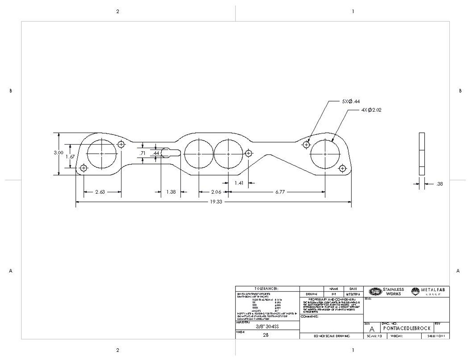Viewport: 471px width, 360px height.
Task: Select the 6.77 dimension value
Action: [x=280, y=192]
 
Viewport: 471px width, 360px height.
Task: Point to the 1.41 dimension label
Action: [x=239, y=183]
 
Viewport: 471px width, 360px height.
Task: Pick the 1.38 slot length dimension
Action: [x=171, y=192]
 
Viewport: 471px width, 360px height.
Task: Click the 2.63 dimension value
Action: [x=100, y=192]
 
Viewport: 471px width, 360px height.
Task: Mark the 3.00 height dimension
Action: [x=59, y=153]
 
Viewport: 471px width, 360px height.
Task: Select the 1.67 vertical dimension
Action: [x=70, y=157]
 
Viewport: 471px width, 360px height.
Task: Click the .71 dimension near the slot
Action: [x=142, y=153]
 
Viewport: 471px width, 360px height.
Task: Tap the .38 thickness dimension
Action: [x=439, y=184]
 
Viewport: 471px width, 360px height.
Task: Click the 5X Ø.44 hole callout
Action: [x=350, y=101]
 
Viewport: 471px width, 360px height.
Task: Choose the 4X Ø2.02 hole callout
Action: [x=371, y=110]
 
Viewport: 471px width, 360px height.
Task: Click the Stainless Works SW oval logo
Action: [x=375, y=292]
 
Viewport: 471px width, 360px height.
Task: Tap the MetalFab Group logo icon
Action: [x=415, y=292]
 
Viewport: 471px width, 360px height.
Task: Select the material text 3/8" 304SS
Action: [x=267, y=327]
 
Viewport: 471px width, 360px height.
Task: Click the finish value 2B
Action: [x=266, y=335]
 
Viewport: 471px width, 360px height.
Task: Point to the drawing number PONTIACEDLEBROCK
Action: [x=407, y=328]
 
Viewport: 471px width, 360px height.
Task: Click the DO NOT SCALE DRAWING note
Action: [x=332, y=336]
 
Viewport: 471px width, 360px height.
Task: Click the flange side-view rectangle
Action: [x=422, y=154]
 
